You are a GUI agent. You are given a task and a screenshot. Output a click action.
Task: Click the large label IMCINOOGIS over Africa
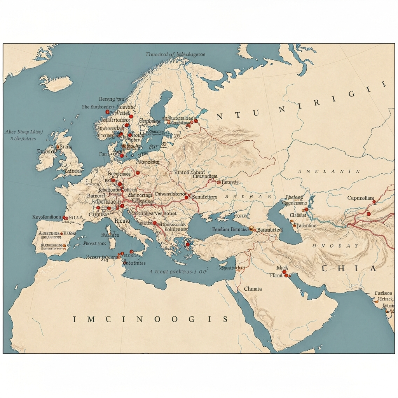(150, 319)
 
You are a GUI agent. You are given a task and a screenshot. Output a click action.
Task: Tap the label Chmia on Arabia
(253, 289)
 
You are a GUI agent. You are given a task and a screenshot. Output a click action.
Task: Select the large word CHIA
(349, 269)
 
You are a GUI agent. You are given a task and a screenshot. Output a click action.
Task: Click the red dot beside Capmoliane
(374, 202)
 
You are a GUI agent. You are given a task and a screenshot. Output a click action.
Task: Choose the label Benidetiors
(204, 197)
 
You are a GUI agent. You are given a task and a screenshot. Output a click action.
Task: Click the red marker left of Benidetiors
(186, 197)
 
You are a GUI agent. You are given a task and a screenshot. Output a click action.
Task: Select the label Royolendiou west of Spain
(46, 217)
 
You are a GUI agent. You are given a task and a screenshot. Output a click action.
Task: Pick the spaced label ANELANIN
(329, 171)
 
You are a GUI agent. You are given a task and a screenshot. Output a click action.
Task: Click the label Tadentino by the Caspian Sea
(306, 225)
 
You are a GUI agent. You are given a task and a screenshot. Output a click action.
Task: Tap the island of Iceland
(56, 83)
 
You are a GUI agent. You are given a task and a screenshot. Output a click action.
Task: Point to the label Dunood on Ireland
(46, 151)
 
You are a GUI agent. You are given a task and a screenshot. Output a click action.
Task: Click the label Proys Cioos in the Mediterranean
(94, 244)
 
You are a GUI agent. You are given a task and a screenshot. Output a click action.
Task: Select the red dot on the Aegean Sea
(188, 244)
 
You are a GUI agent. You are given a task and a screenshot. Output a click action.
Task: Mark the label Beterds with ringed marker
(230, 182)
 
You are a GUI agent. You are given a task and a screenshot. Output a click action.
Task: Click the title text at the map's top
(175, 55)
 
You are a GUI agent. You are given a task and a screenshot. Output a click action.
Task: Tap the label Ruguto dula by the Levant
(232, 268)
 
